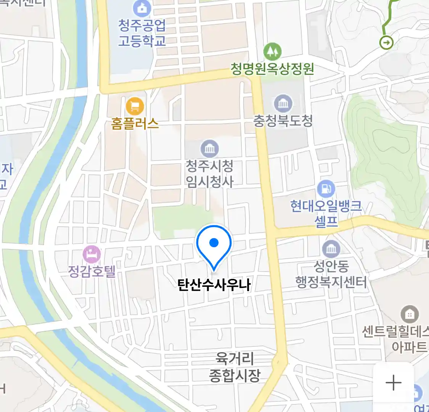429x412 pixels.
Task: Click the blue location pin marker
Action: coord(214,244)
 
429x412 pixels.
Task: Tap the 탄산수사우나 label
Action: coord(214,285)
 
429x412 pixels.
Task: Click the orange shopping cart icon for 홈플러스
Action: coord(135,106)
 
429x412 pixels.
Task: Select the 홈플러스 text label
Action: coord(135,124)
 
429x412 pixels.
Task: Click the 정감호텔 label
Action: coord(92,271)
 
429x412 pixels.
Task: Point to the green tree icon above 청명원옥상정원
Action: coord(272,51)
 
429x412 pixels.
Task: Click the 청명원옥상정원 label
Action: coord(272,69)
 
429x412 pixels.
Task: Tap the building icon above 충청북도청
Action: coord(283,103)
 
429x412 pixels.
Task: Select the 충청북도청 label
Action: coord(283,121)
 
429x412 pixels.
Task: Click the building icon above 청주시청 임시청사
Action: coord(209,148)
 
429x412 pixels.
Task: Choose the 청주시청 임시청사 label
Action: coord(209,174)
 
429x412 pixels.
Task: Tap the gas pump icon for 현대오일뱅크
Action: coord(326,188)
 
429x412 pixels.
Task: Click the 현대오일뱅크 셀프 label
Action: coord(326,213)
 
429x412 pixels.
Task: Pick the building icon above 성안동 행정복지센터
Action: coord(331,249)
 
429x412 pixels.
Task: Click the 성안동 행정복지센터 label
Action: coord(331,274)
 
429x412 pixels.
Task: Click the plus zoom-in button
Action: coord(393,383)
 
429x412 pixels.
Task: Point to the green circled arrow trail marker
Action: coord(387,42)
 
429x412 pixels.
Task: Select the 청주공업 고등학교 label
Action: coord(142,33)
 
